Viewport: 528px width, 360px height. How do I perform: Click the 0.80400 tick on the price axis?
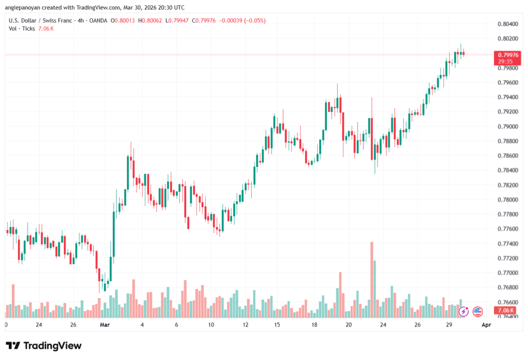click(508, 24)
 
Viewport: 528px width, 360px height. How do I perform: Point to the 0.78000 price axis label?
click(508, 200)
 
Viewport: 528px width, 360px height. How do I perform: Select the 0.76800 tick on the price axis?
click(508, 287)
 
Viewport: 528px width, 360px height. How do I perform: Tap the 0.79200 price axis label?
click(508, 111)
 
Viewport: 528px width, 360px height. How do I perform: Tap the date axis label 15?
click(277, 325)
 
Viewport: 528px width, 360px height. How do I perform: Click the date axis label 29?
click(449, 325)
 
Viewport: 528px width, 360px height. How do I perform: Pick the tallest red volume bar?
click(371, 279)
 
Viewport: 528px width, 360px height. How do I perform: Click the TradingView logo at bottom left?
click(44, 346)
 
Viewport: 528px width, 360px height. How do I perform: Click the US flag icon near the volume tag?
click(477, 311)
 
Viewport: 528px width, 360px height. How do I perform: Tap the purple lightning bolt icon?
click(464, 311)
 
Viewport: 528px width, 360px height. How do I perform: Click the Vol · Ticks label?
click(20, 28)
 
